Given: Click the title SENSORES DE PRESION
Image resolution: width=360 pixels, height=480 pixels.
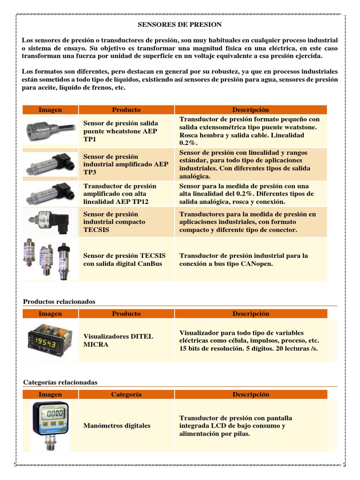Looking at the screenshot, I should [x=180, y=24].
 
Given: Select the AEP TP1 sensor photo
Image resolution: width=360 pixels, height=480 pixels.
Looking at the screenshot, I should [x=50, y=127].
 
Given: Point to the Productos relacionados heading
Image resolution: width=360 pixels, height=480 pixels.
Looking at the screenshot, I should [x=59, y=301].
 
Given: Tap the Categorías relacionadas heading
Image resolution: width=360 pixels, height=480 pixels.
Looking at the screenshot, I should [x=60, y=382].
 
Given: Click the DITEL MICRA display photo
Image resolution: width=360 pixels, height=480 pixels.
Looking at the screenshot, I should [x=50, y=340].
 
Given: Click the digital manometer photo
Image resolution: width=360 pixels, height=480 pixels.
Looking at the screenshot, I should [x=50, y=425].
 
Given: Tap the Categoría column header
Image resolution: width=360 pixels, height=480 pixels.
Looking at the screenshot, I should [x=126, y=395].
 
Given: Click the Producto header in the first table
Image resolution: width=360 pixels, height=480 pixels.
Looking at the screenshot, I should [x=126, y=110].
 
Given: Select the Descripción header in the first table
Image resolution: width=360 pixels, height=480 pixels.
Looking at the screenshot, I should [x=251, y=110].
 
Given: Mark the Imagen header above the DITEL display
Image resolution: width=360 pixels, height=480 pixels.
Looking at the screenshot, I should [x=50, y=314].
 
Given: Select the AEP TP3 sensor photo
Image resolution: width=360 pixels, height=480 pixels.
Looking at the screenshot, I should [x=50, y=164].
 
